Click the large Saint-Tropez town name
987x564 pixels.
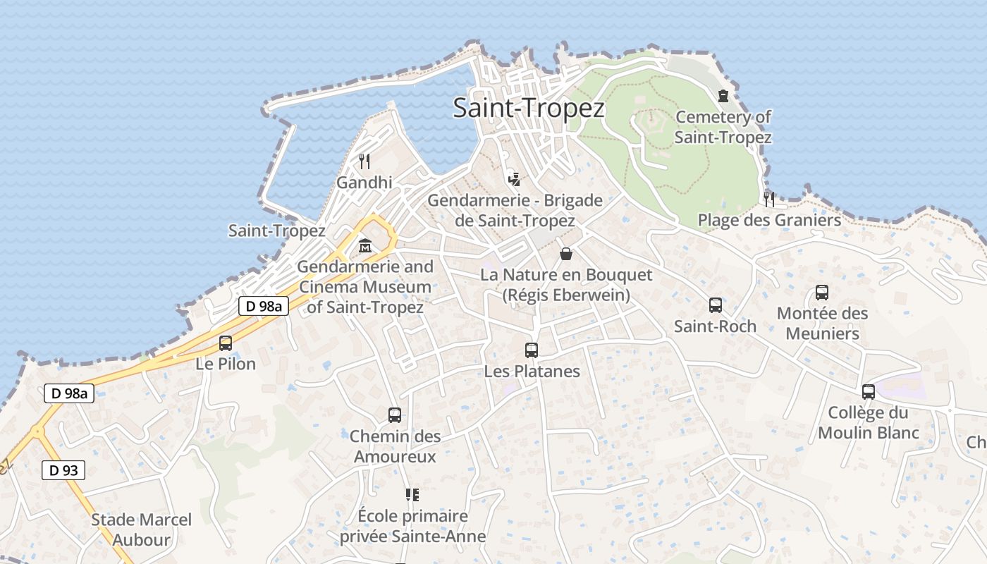[x=529, y=109]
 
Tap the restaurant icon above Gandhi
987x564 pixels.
[x=364, y=161]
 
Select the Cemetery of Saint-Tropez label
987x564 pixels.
[x=723, y=127]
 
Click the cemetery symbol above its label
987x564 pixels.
[x=723, y=96]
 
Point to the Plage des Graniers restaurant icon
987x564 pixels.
[x=769, y=200]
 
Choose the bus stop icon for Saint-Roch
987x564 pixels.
[x=716, y=305]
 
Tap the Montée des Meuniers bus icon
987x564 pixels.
[x=822, y=293]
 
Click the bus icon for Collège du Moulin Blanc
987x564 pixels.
[x=869, y=392]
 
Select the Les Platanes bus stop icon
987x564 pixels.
[x=532, y=350]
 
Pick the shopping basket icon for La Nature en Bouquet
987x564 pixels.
[x=566, y=254]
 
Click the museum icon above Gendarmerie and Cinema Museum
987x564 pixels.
[x=365, y=246]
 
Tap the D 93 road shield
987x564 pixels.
[x=63, y=470]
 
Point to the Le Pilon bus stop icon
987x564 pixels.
[x=226, y=343]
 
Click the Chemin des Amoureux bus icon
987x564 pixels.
[x=395, y=415]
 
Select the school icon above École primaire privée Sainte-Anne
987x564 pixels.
[x=412, y=495]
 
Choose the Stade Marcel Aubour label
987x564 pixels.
[x=141, y=530]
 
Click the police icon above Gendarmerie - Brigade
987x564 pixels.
[x=515, y=178]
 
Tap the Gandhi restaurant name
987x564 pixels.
[x=364, y=183]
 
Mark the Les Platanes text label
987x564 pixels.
[x=532, y=372]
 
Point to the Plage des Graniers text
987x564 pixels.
[x=769, y=221]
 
